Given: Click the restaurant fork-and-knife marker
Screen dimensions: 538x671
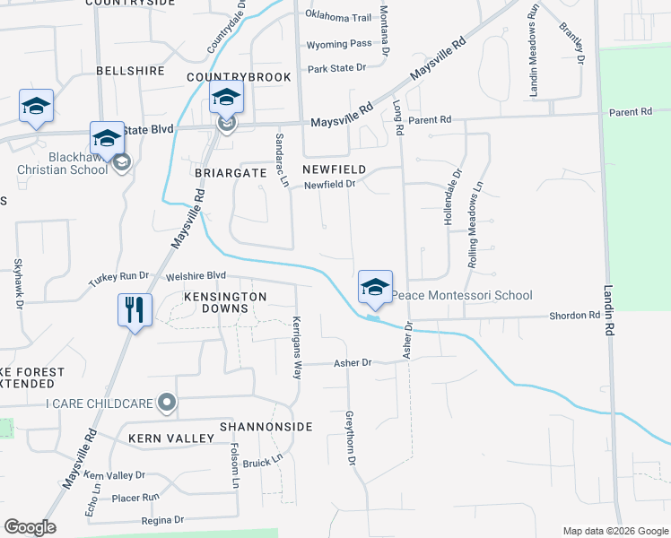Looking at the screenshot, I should pos(134,310).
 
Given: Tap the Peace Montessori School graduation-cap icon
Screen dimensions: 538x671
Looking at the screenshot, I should pos(375,287).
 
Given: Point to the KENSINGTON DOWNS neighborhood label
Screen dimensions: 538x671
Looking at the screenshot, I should pos(225,302).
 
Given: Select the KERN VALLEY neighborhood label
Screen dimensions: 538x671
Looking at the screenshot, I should pos(170,438).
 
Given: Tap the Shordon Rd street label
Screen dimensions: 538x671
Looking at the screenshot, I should pos(574,316).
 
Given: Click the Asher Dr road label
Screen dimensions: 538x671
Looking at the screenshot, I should pos(352,362).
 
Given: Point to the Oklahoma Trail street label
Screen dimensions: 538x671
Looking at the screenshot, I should pos(338,17).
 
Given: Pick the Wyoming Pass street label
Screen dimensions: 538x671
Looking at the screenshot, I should pos(338,43).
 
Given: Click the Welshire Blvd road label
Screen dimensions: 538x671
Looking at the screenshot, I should pos(196,276).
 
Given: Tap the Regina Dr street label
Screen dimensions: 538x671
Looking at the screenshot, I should pos(161,519).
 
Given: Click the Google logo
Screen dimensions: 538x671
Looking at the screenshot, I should pos(30,527).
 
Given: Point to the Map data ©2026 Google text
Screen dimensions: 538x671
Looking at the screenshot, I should pos(614,531).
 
